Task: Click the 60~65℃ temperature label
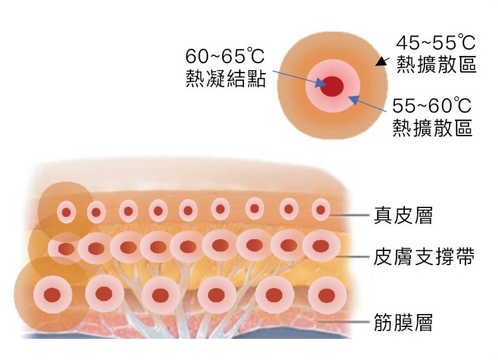click(x=224, y=57)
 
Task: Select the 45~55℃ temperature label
click(x=435, y=43)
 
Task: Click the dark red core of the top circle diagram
click(x=332, y=86)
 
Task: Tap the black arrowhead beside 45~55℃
click(x=383, y=60)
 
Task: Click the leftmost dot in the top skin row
click(x=67, y=212)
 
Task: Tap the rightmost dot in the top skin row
click(x=321, y=209)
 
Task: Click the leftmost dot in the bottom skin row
click(x=54, y=293)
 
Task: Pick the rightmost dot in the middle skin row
click(x=321, y=246)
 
